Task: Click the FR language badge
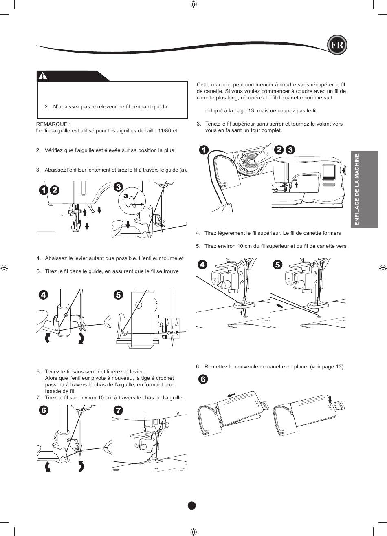[x=337, y=45]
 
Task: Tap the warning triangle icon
[x=43, y=76]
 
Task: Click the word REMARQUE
[x=52, y=124]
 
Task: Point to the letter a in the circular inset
[x=125, y=196]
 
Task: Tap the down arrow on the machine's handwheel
[x=344, y=170]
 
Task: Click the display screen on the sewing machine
[x=329, y=172]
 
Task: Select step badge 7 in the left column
[x=119, y=410]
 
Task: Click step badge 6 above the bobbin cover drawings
[x=203, y=379]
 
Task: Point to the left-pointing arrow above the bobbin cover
[x=231, y=395]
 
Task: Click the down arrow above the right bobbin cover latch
[x=330, y=399]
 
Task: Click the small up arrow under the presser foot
[x=241, y=313]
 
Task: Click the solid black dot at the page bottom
[x=192, y=505]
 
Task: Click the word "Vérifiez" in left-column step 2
[x=54, y=150]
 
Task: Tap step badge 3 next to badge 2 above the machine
[x=290, y=150]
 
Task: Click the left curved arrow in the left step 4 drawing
[x=48, y=338]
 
